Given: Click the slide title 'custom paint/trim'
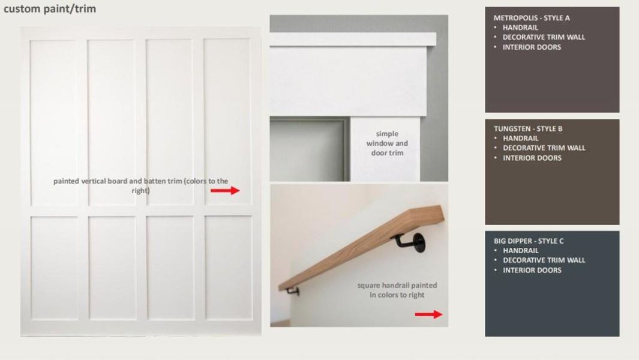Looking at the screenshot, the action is pos(50,8).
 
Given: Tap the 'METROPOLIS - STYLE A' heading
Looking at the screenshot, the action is pos(532,18).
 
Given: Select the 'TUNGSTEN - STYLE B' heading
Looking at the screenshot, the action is pos(528,129).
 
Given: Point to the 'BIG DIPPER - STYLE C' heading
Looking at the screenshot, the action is pos(529,241).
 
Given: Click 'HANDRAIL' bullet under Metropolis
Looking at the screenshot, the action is pos(520,28).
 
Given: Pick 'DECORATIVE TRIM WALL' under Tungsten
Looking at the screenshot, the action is pos(544,148).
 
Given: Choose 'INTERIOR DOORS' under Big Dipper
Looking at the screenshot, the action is pos(532,271).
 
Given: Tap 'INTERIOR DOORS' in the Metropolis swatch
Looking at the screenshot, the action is pos(532,47).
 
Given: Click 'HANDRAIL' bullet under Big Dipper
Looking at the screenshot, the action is pos(520,251).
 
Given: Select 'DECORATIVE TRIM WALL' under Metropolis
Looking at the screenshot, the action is pos(544,37).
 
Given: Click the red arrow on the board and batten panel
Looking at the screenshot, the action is pos(225,190).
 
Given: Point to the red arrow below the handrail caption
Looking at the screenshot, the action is pos(429,314).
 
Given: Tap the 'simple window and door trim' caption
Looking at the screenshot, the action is pos(387,143).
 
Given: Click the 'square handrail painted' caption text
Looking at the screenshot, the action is pos(397,286).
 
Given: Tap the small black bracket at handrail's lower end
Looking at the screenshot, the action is pos(293,291).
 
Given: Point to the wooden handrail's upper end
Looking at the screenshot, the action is pos(440,214).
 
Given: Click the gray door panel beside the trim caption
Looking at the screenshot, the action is pos(310,149).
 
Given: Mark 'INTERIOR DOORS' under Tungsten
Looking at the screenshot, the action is pos(532,158).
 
